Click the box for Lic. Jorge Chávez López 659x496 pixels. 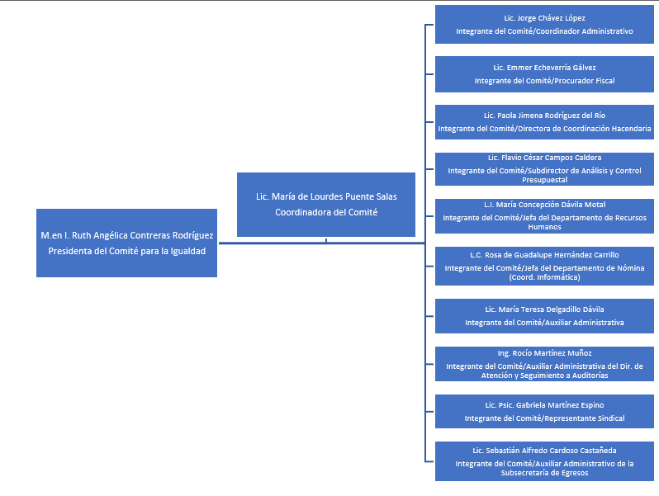[x=544, y=25]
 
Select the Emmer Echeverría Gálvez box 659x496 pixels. [x=544, y=74]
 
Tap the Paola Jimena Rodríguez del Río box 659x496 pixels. [x=544, y=122]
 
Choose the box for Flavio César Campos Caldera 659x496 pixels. [x=544, y=169]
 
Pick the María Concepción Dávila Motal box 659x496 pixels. [x=544, y=216]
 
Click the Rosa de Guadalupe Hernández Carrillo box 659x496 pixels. [x=544, y=266]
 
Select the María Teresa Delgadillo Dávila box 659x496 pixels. [x=544, y=316]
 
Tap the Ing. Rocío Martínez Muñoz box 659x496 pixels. [x=544, y=364]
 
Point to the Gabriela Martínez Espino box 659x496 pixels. [x=544, y=411]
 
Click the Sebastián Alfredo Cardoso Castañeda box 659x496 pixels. [x=544, y=461]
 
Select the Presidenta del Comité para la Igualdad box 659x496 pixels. [x=126, y=243]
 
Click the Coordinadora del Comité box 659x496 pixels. [x=326, y=205]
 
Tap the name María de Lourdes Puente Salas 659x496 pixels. [x=334, y=196]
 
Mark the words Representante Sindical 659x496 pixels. [x=585, y=418]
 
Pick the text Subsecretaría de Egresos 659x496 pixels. [x=544, y=473]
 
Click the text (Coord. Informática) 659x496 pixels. [x=544, y=277]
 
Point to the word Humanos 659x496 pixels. [x=544, y=227]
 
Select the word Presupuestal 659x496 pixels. [x=544, y=180]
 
